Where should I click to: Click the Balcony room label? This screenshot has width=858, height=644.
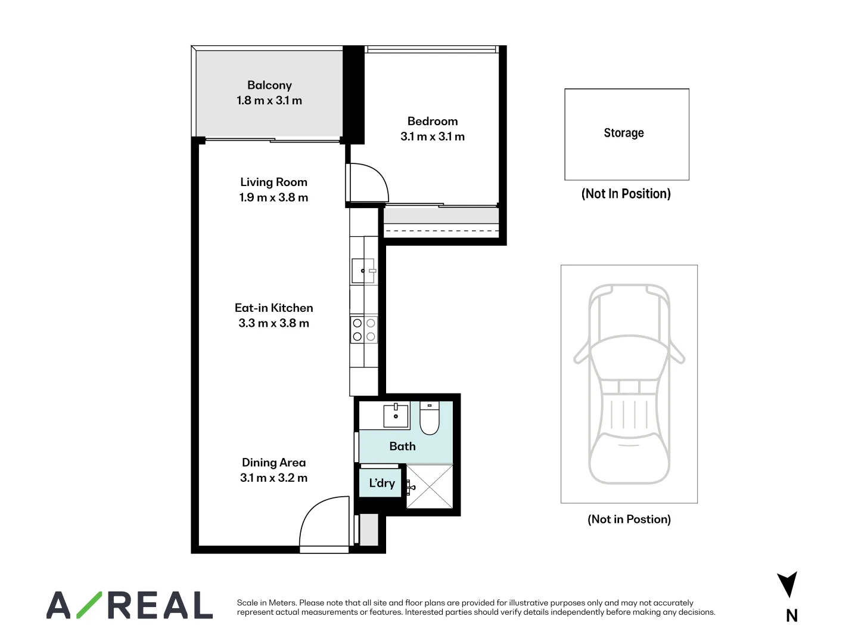coord(269,85)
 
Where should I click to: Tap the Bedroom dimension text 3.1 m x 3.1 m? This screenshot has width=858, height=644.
coord(432,137)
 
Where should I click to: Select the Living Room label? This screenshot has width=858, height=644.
coord(273,182)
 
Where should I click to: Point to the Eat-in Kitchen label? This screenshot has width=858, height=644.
coord(273,308)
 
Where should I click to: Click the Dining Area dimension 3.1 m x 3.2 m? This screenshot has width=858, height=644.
coord(273,478)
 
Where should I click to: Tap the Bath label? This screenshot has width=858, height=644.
coord(402,446)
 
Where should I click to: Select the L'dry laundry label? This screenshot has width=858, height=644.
coord(381,483)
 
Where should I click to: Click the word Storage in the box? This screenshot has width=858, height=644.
coord(623,133)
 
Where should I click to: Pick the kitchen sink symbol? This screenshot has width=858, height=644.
coord(363,270)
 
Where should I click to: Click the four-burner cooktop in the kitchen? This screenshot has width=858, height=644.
coord(363,329)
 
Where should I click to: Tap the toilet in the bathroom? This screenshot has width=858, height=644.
coord(429,418)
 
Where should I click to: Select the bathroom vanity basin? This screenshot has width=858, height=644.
coord(396,415)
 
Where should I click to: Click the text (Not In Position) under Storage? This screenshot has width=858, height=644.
coord(626,194)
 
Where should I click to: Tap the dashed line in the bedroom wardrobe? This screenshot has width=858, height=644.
coord(441,231)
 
